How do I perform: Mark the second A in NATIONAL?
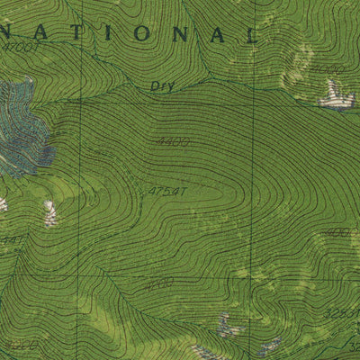click(216, 35)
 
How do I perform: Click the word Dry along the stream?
click(161, 86)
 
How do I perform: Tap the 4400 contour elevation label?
click(172, 141)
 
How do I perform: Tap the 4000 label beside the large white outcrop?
click(328, 68)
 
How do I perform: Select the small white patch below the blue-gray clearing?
click(50, 213)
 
